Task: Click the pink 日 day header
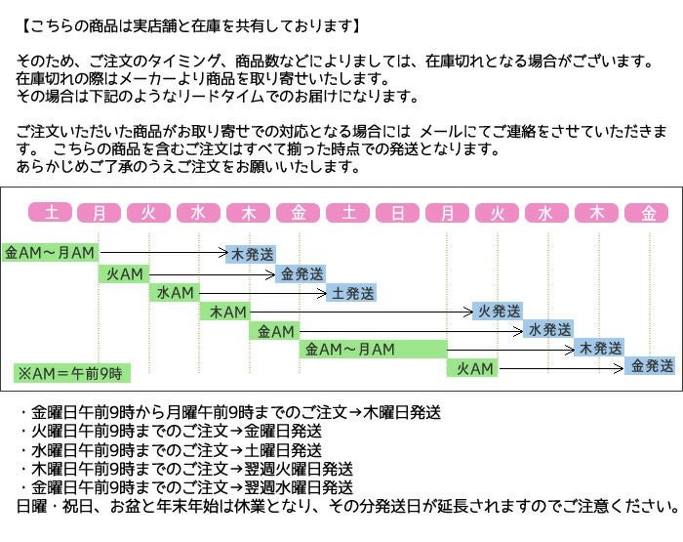(398, 213)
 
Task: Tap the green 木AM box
(223, 312)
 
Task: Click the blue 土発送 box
(350, 292)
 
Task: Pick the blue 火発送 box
(498, 312)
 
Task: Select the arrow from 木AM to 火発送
(361, 312)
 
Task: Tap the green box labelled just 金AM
(273, 331)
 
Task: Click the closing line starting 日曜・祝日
(346, 506)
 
